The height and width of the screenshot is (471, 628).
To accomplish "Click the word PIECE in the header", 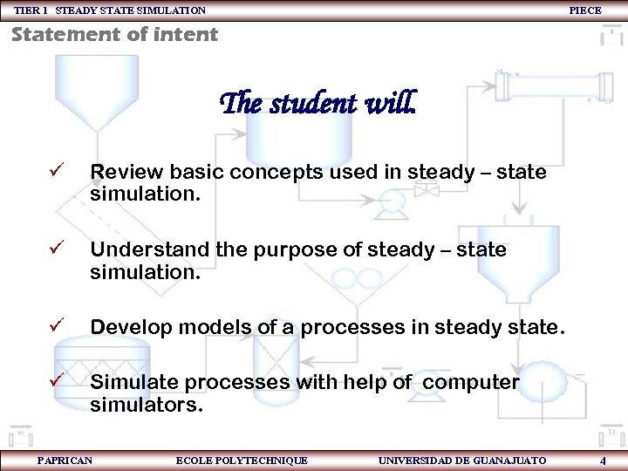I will pos(584,10).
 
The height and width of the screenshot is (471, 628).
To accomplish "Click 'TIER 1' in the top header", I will pos(32,10).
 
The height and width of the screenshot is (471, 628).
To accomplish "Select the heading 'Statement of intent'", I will pos(114,35).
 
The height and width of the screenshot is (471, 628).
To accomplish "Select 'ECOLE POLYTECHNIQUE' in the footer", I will pos(242,460).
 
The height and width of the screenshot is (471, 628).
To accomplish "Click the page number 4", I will pos(603,460).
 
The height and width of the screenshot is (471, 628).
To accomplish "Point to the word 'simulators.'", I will pos(147,406).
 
